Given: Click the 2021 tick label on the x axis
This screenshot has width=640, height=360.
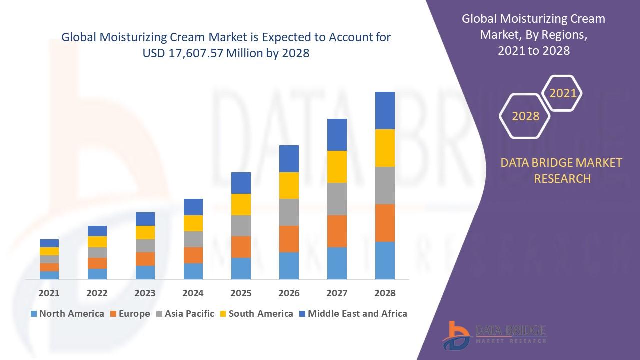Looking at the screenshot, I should click(x=49, y=293).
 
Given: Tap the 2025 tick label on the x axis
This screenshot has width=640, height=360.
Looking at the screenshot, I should click(x=241, y=293).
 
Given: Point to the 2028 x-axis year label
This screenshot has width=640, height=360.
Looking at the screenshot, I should click(x=385, y=293).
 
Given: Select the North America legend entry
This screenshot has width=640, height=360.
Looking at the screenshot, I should click(x=67, y=314).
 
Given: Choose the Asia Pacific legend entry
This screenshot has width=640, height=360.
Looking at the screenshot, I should click(x=184, y=314).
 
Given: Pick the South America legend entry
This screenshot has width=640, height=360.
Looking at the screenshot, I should click(x=256, y=314).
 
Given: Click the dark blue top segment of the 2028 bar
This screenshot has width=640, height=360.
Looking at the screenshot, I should click(x=385, y=110).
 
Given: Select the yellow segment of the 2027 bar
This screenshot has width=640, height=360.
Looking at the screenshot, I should click(x=337, y=167).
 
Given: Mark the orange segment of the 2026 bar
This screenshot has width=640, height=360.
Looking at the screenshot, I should click(x=289, y=239).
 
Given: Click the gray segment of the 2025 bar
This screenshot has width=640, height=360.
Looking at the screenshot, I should click(x=241, y=226).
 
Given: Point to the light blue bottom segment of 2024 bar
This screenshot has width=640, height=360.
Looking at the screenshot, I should click(x=193, y=271).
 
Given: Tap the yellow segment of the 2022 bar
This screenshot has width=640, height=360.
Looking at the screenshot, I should click(x=97, y=242).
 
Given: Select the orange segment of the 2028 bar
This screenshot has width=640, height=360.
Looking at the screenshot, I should click(x=385, y=223).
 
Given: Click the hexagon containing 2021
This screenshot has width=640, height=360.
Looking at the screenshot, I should click(x=563, y=93).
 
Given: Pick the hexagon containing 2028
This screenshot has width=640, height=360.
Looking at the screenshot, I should click(x=525, y=116).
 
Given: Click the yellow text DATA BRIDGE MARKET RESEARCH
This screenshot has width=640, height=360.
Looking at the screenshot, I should click(x=562, y=170).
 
